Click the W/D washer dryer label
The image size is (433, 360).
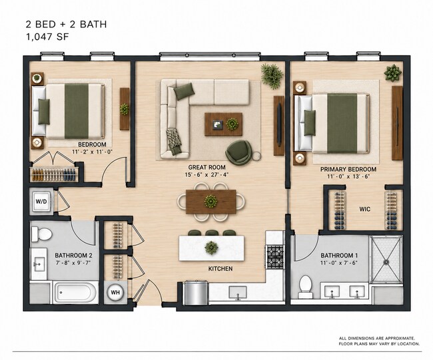(x=41, y=202)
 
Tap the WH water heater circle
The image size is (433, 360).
(x=115, y=292)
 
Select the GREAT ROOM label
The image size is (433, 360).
(x=207, y=167)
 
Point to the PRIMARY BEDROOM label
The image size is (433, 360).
(x=348, y=169)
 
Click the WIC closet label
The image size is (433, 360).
(x=365, y=209)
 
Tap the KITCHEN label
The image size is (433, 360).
(x=220, y=268)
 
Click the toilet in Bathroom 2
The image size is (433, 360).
(x=41, y=234)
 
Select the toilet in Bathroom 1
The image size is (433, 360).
(x=305, y=286)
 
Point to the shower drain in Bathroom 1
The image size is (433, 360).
(x=386, y=262)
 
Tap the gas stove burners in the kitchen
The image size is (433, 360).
(x=274, y=256)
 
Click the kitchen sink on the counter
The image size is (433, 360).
(x=238, y=293)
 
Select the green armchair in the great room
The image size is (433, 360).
(x=238, y=152)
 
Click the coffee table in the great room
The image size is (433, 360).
(x=223, y=124)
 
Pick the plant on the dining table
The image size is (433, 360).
(x=211, y=202)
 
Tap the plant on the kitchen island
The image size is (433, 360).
(x=212, y=248)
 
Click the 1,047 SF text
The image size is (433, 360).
(x=47, y=37)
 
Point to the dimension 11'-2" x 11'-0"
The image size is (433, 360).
(x=92, y=152)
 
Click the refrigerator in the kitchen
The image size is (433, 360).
(x=196, y=293)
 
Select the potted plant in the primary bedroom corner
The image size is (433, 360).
(x=392, y=73)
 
